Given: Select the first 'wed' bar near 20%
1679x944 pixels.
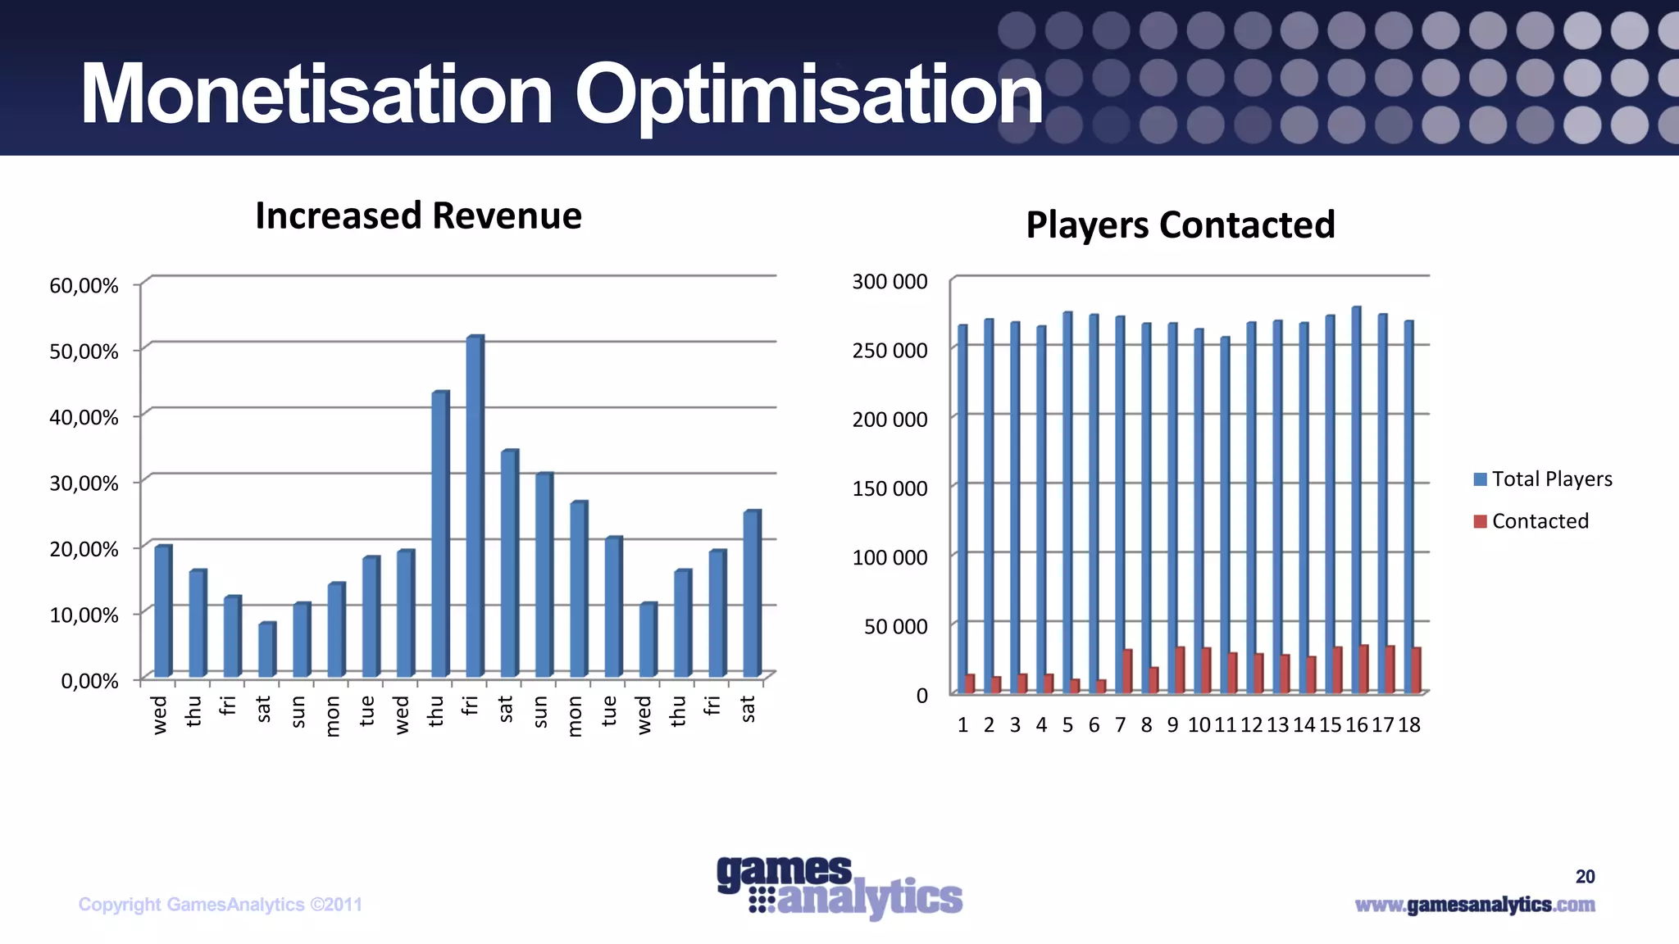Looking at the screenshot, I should (x=163, y=611).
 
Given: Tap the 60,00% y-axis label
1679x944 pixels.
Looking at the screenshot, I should (x=84, y=286).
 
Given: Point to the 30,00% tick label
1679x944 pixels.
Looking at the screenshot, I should (x=84, y=483).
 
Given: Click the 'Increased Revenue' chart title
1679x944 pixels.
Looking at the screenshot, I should (x=418, y=216).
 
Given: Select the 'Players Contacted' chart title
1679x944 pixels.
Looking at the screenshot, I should (x=1180, y=225).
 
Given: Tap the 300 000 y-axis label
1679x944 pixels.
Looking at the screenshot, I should (x=890, y=282).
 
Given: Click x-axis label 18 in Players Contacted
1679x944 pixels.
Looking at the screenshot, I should (x=1409, y=725).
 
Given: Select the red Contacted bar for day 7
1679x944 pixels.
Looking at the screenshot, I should (x=1128, y=671).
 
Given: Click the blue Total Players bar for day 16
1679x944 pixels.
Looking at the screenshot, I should (x=1356, y=500).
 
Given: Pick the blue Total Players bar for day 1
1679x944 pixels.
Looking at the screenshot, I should (x=962, y=509).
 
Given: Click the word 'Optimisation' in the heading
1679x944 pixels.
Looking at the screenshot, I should (x=808, y=95).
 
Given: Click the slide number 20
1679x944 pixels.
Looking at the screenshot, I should (x=1585, y=877).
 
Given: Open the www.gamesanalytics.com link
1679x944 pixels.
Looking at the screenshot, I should (x=1474, y=905).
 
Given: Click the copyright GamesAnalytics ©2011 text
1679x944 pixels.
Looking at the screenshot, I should (x=220, y=905).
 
